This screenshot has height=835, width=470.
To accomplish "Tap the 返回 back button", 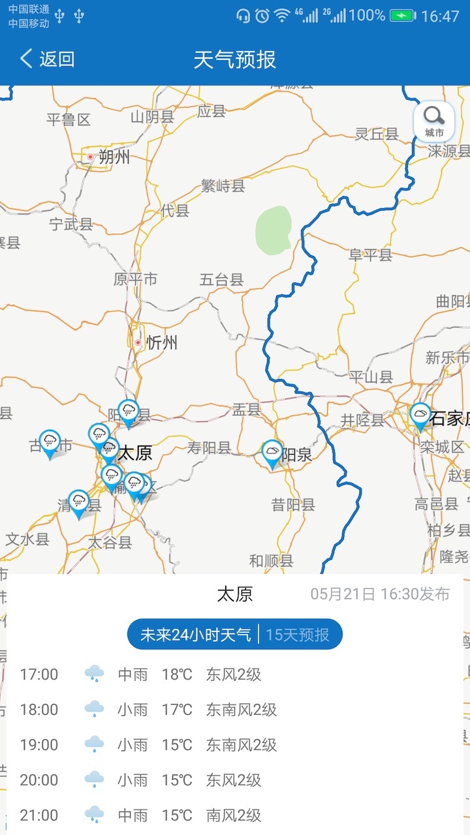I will point(47,59).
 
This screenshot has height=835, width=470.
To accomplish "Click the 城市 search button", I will point(433,121).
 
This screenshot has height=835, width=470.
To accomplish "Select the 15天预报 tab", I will point(298,635).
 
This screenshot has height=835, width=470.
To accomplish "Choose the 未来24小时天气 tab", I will point(195,635).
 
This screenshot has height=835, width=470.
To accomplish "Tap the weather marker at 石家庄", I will point(420,416).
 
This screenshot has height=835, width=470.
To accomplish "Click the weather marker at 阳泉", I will point(272,453).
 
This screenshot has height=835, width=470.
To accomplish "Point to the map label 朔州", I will point(114,157).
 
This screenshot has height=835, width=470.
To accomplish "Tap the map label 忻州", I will point(161,342).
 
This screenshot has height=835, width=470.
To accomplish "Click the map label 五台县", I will point(221,281).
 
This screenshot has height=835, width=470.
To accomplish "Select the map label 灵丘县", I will point(377,134).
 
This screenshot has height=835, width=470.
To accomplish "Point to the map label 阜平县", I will point(370,255).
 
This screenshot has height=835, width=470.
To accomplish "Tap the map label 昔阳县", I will point(293,504).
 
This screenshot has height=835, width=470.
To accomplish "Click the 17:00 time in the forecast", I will point(39,674).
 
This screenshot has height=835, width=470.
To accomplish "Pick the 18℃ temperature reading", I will point(177,674).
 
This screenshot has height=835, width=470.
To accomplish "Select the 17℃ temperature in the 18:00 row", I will point(177,709).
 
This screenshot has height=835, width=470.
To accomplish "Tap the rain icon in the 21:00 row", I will point(95,814).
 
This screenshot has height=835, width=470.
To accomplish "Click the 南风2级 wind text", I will point(234,815).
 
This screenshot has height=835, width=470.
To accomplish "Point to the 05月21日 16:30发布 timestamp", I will point(380,594).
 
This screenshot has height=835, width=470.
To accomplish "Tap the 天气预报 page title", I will point(235,59).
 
